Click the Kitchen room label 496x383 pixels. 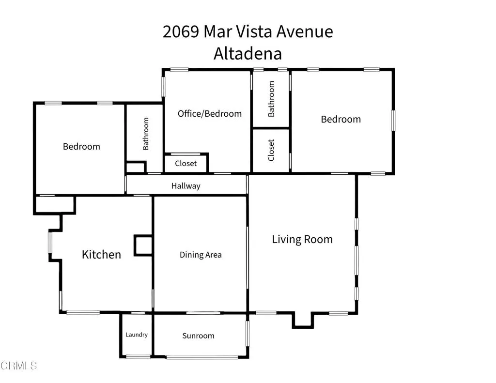pyautogui.click(x=101, y=254)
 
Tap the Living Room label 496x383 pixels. pyautogui.click(x=302, y=239)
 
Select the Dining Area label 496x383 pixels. pyautogui.click(x=201, y=255)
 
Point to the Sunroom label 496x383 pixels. pyautogui.click(x=198, y=336)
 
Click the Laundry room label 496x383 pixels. pyautogui.click(x=137, y=335)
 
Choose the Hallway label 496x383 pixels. pyautogui.click(x=186, y=186)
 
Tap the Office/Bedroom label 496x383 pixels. pyautogui.click(x=210, y=114)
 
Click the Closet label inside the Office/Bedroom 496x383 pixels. pyautogui.click(x=186, y=164)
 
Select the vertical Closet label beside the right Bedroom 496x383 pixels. pyautogui.click(x=271, y=150)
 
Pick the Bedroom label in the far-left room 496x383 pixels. pyautogui.click(x=81, y=146)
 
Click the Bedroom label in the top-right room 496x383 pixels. pyautogui.click(x=341, y=119)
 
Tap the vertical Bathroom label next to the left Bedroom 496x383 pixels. pyautogui.click(x=146, y=134)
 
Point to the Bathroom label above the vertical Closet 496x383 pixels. pyautogui.click(x=271, y=99)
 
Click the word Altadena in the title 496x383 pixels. pyautogui.click(x=248, y=53)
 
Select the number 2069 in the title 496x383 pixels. pyautogui.click(x=181, y=32)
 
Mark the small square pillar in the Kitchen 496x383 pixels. pyautogui.click(x=143, y=245)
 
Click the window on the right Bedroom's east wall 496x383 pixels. pyautogui.click(x=393, y=120)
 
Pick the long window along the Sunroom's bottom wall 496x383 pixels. pyautogui.click(x=202, y=357)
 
